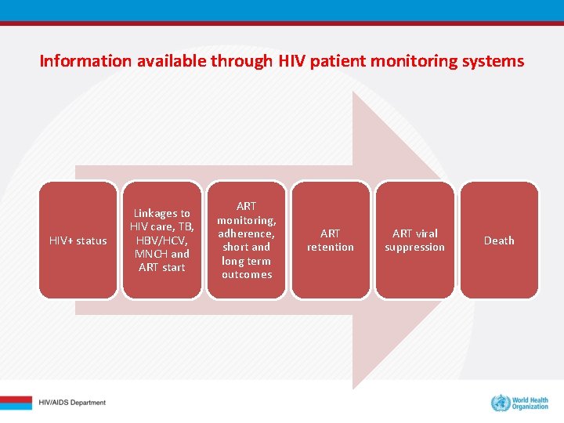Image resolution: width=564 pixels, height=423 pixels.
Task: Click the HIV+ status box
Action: point(78,240)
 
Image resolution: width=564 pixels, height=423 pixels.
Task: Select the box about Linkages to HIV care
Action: point(162,240)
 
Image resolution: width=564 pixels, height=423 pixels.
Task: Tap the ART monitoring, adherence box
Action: point(246,240)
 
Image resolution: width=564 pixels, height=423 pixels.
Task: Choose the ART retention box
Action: point(331,240)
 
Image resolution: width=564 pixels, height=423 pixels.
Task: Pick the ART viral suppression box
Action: point(414,240)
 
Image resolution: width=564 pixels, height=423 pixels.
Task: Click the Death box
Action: point(499,240)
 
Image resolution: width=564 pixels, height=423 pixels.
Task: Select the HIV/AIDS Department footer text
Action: point(72,403)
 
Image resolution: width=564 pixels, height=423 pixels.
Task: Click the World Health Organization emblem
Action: point(500,403)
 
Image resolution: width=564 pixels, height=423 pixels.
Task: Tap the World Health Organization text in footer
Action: point(530,403)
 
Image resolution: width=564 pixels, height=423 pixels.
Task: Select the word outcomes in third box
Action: point(247,274)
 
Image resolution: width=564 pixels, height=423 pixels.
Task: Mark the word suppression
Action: point(414,248)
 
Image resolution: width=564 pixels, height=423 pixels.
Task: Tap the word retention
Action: point(331,248)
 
